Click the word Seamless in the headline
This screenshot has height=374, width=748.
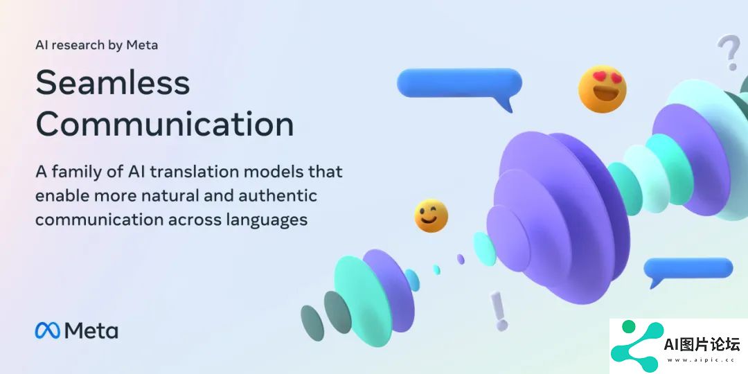click(x=113, y=82)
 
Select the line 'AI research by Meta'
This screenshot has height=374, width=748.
click(x=96, y=45)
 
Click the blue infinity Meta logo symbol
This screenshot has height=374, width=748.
click(x=48, y=330)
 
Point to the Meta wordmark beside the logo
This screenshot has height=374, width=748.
click(x=91, y=330)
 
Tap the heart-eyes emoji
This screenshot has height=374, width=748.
click(x=602, y=89)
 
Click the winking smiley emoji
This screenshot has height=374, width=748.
click(x=431, y=215)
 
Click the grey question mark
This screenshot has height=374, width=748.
click(x=729, y=51)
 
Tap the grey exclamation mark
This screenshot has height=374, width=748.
click(x=499, y=310)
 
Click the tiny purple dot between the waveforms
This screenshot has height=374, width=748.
click(x=461, y=259)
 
